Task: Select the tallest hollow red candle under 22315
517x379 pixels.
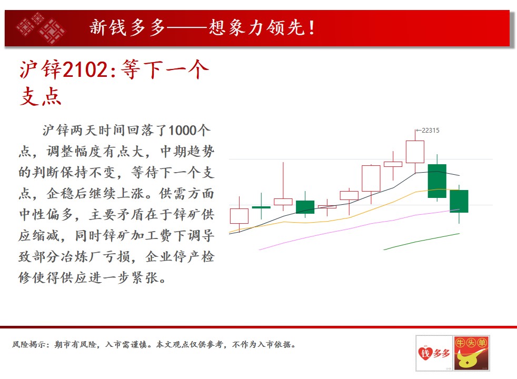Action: point(415,152)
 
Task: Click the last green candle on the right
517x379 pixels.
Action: point(459,201)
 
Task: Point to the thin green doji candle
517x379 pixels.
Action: point(261,207)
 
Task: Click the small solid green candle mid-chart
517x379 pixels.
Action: point(305,207)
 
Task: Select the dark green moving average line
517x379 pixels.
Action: point(421,242)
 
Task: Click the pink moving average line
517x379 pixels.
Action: point(359,227)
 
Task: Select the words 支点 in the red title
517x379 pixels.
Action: point(41,96)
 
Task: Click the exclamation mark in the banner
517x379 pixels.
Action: point(312,28)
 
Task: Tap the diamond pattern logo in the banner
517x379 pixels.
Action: point(41,28)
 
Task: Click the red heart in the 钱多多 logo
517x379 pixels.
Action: point(425,353)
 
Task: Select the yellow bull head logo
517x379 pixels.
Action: point(471,353)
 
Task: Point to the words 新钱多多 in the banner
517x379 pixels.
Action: point(127,27)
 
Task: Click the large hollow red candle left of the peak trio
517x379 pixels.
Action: point(371,178)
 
